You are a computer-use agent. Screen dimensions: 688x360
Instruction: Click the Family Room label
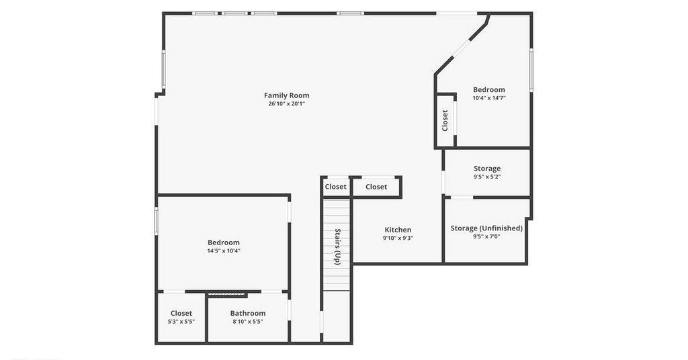click(286, 95)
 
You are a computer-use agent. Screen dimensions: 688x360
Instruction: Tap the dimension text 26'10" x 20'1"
click(286, 104)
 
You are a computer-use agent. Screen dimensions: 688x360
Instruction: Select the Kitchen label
click(398, 230)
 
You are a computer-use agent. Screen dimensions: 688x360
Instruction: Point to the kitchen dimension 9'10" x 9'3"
click(398, 238)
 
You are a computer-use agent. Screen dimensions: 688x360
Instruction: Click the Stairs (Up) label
click(337, 246)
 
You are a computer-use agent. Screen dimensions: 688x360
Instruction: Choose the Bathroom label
click(248, 313)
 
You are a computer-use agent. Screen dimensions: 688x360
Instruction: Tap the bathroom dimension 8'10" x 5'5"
click(248, 322)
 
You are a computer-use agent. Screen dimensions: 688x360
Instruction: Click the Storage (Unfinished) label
click(486, 228)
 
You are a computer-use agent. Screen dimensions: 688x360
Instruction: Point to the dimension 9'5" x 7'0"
click(486, 236)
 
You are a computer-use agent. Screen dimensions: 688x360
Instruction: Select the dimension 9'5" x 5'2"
click(487, 177)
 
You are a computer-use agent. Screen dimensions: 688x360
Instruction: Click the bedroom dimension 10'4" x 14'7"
click(489, 98)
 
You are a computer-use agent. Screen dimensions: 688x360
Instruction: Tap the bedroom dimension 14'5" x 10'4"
click(224, 251)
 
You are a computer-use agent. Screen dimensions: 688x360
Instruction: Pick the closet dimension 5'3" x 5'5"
click(181, 322)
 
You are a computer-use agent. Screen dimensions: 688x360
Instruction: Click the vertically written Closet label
click(445, 120)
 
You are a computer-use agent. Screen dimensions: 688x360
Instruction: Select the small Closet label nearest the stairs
click(336, 187)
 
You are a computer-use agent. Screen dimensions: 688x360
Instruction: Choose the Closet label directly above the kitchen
click(376, 187)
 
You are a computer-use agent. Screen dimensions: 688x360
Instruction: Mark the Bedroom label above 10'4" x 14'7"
click(489, 90)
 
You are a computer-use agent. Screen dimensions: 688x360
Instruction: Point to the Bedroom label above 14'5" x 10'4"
click(224, 242)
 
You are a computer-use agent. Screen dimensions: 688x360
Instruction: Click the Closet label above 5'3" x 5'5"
click(181, 313)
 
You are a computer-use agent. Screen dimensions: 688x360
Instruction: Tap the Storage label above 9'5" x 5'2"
click(487, 169)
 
